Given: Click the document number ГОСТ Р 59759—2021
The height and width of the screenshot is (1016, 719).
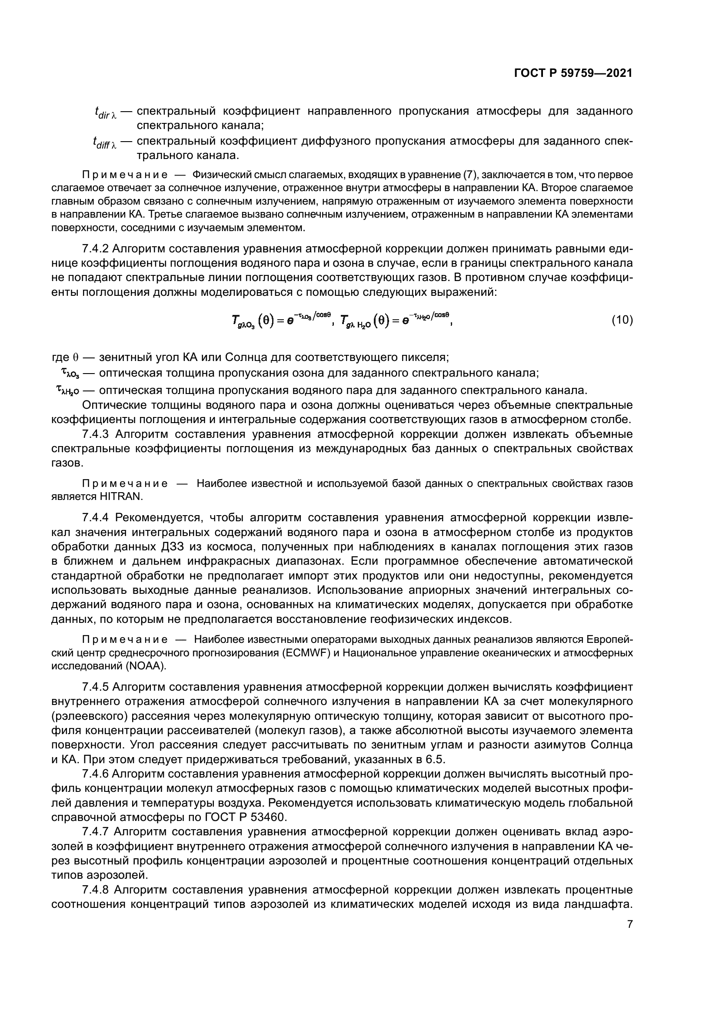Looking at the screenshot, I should (573, 73).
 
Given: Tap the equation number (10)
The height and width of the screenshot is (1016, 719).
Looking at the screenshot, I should (622, 320).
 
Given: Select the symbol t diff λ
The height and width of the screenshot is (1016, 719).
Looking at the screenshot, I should (104, 142).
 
